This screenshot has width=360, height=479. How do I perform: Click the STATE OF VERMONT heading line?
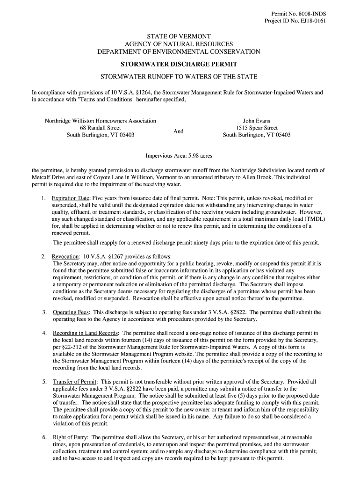coord(179,36)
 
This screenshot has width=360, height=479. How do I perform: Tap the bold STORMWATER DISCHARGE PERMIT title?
coord(179,64)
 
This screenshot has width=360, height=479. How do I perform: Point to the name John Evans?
coord(256,121)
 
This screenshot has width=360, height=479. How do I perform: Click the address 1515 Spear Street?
coord(257,128)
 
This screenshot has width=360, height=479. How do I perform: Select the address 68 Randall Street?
coord(101,128)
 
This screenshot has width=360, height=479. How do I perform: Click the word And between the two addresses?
coord(179,131)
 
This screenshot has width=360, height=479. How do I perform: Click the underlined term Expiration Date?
coord(70,198)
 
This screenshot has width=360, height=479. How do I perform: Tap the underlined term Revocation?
coord(65,257)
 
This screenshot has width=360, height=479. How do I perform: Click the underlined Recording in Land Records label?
coord(86,333)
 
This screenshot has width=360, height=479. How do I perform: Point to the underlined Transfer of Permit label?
coord(74,382)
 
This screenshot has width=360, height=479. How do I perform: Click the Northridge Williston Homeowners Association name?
coord(101,121)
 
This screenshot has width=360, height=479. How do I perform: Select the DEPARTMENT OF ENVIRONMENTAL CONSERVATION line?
coord(179,51)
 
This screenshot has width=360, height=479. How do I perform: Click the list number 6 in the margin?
coord(44,437)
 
